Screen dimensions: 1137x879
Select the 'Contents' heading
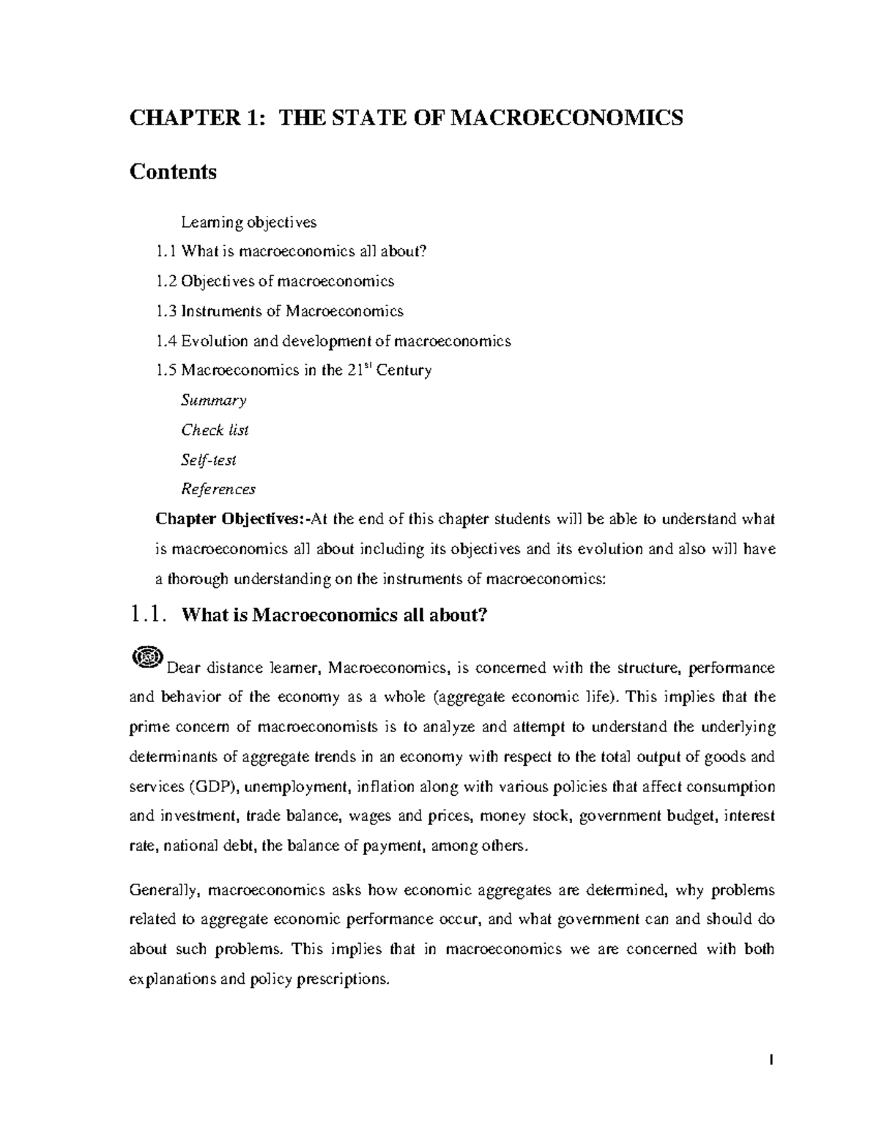[x=173, y=172]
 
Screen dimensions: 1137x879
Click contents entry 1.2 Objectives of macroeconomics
[x=275, y=281]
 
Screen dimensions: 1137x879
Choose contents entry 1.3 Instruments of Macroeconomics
[x=279, y=311]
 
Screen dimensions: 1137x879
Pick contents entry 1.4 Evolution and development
[x=333, y=341]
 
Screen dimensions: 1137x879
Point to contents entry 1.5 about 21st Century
[x=294, y=370]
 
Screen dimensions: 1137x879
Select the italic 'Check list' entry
[x=215, y=430]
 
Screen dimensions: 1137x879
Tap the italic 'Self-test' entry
[x=209, y=461]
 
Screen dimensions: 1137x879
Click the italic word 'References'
[x=218, y=489]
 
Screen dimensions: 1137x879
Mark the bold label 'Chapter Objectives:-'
[x=229, y=520]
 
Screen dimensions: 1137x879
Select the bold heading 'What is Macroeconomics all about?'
[x=333, y=616]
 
